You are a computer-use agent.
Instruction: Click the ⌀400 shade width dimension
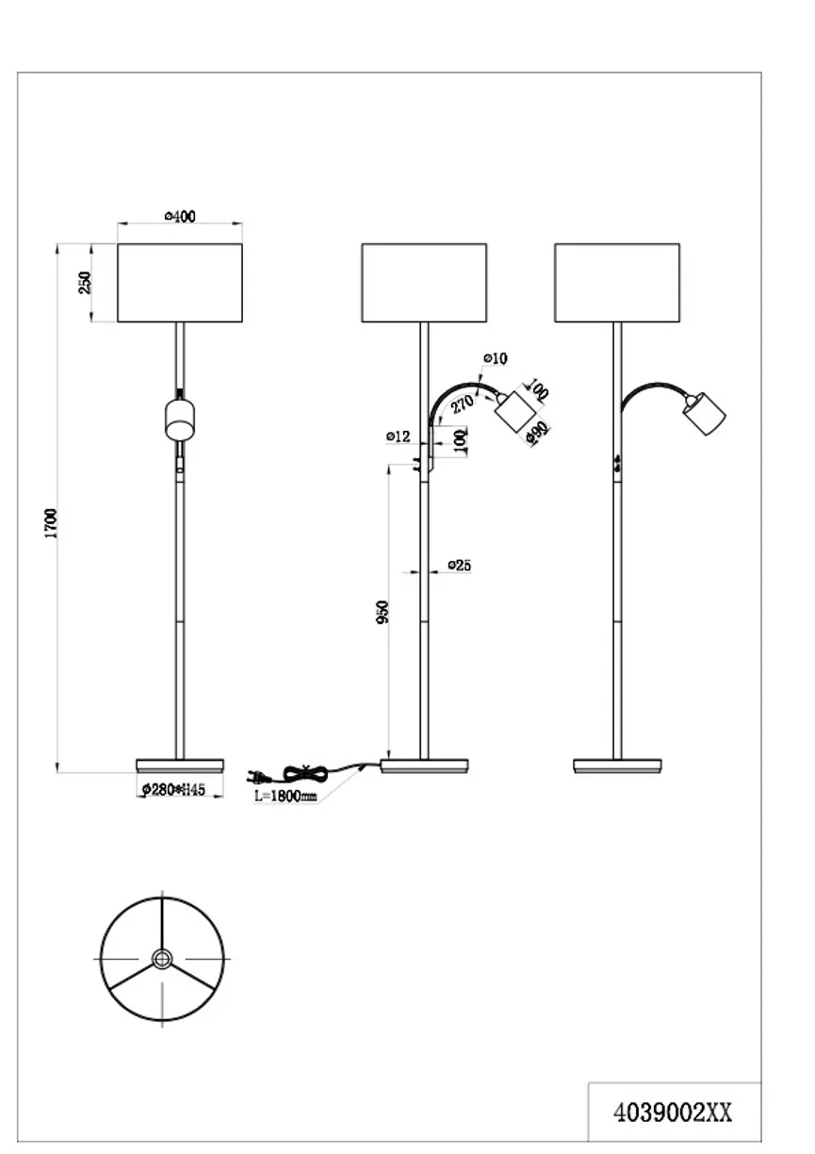(x=180, y=217)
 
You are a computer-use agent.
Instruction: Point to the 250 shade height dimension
(x=85, y=283)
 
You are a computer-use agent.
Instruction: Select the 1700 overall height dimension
(x=52, y=523)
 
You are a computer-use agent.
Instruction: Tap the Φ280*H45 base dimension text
(x=173, y=789)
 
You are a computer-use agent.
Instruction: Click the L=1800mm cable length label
(x=285, y=796)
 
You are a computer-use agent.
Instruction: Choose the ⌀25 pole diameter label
(x=459, y=566)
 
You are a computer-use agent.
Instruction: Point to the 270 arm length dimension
(x=462, y=405)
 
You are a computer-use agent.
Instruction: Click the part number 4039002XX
(x=673, y=1113)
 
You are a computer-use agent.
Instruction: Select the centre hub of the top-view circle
(x=162, y=958)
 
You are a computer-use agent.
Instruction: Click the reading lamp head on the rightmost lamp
(x=705, y=412)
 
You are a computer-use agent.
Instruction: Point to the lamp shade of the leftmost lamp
(x=180, y=284)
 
